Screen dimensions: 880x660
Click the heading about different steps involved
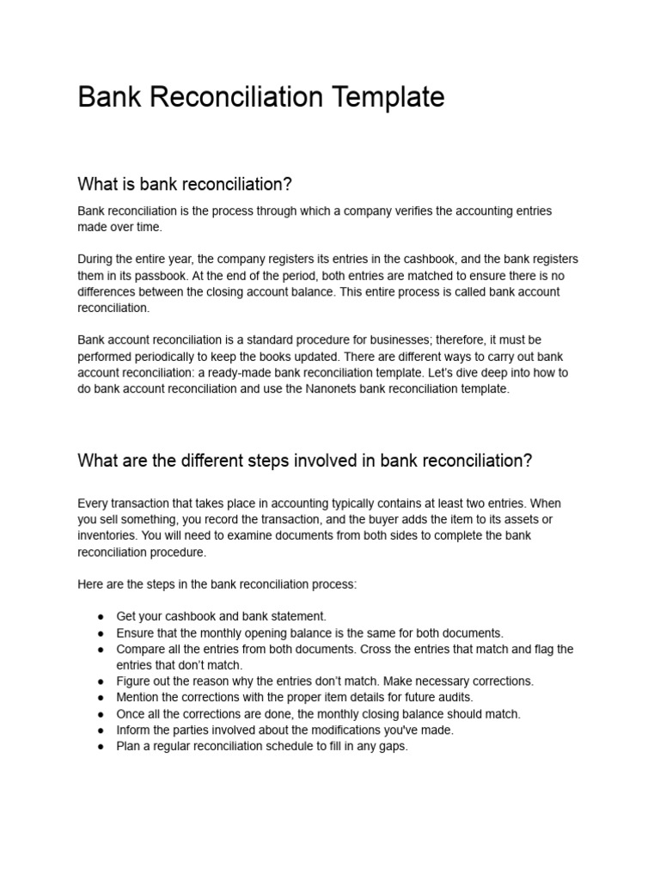304,461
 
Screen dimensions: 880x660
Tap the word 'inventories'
107,535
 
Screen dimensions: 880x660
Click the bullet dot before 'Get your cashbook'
101,617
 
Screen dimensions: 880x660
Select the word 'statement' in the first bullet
297,616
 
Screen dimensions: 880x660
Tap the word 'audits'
454,697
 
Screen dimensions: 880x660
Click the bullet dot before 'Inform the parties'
101,730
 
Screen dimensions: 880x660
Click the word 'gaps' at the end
390,747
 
